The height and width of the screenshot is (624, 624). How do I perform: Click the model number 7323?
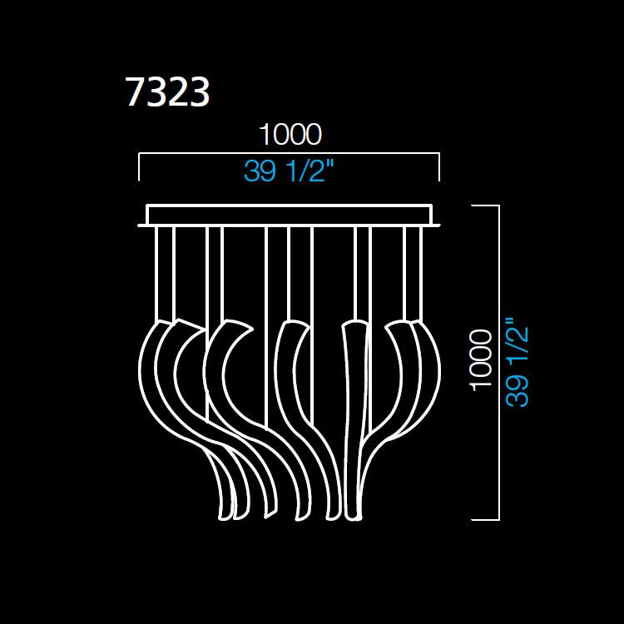(x=167, y=92)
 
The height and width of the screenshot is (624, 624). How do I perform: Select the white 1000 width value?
(x=290, y=134)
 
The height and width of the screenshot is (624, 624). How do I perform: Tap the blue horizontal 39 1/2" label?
(x=290, y=171)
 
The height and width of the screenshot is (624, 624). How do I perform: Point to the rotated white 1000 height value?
(x=480, y=359)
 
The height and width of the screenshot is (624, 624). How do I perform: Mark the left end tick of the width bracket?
(x=139, y=167)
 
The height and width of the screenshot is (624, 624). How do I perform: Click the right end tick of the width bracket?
(x=438, y=167)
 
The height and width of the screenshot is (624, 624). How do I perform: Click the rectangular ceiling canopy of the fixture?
(x=290, y=215)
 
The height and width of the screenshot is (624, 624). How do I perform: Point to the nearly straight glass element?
(x=353, y=416)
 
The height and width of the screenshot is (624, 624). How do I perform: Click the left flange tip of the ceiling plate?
(x=141, y=224)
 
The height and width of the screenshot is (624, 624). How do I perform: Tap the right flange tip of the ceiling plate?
(x=438, y=224)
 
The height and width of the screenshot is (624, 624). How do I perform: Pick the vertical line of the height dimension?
(x=498, y=363)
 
